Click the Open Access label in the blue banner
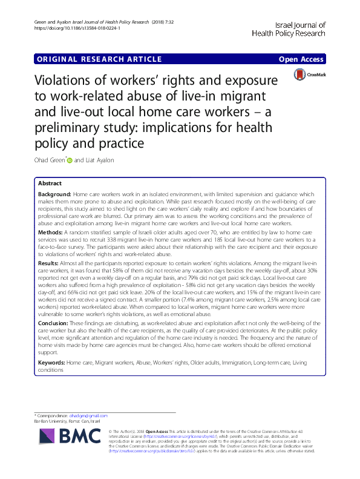point(301,59)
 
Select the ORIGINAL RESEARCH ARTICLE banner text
point(99,59)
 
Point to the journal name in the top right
point(290,30)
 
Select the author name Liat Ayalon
point(97,160)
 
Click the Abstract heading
point(49,182)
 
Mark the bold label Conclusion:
point(53,323)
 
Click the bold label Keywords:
point(51,362)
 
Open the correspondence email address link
point(91,415)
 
